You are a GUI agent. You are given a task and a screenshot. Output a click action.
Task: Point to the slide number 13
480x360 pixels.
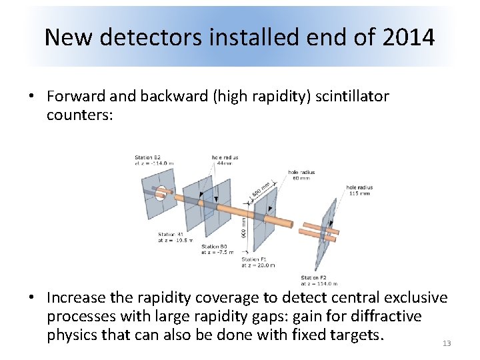click(447, 343)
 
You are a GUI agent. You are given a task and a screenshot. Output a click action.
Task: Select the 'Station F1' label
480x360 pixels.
click(255, 261)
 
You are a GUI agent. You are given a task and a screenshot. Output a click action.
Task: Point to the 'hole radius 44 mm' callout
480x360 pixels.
click(225, 161)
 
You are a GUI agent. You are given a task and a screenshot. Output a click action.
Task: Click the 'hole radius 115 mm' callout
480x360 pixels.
click(359, 190)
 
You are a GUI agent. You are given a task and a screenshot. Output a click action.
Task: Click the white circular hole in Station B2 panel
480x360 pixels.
click(161, 193)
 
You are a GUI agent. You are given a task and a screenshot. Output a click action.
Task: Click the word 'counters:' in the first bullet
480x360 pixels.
click(79, 115)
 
